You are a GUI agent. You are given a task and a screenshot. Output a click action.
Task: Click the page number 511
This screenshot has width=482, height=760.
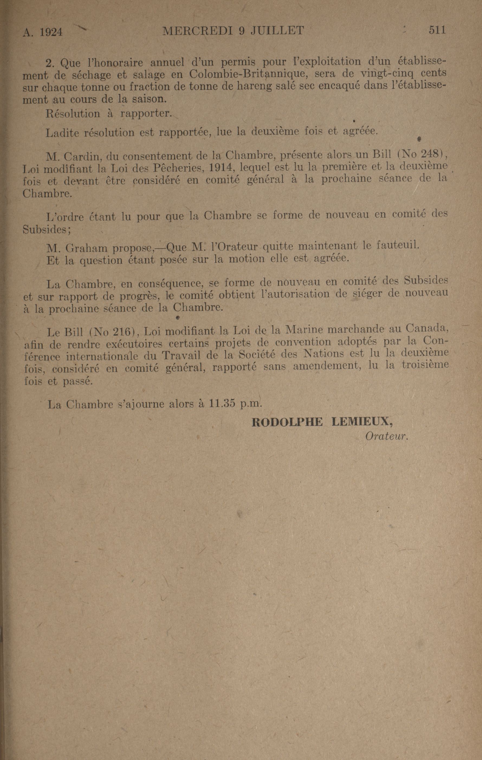click(x=437, y=30)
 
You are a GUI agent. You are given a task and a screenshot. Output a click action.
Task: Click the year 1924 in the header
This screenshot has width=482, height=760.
click(x=51, y=32)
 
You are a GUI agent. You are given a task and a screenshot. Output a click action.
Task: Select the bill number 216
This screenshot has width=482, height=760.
click(x=122, y=332)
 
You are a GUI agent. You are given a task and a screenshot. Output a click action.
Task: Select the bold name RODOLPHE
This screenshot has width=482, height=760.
click(x=287, y=422)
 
